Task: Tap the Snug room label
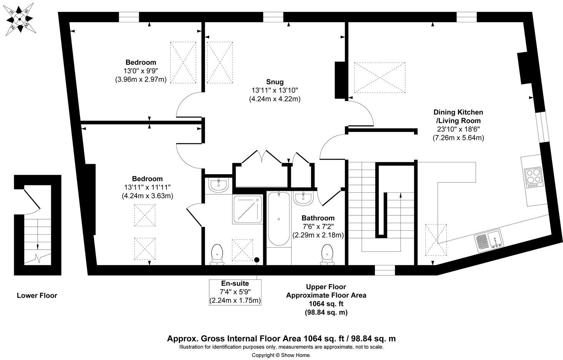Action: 275,82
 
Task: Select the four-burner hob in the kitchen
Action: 533,177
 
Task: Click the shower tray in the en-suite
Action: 247,209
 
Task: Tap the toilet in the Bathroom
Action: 327,255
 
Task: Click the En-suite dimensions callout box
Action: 235,292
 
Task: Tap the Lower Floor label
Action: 37,295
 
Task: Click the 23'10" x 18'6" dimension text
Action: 458,129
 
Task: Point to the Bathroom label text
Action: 318,218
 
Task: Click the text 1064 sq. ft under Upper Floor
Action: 326,304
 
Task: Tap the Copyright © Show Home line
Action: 281,355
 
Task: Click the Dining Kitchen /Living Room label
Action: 458,116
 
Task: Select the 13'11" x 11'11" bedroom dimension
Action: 147,187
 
